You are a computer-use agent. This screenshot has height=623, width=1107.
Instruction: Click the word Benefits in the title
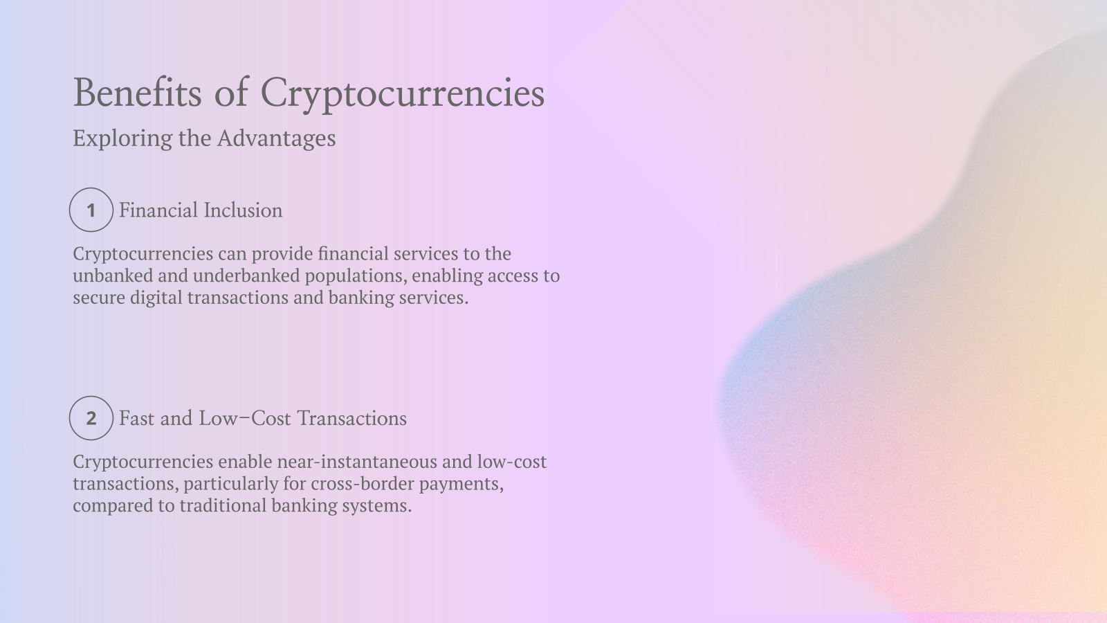[137, 93]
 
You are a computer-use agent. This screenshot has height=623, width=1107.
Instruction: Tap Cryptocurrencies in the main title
[402, 94]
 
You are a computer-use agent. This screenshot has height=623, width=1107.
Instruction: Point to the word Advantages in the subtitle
[276, 138]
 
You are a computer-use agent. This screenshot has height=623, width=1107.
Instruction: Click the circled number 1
[91, 210]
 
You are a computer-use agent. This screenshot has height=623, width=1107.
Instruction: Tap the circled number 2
[91, 418]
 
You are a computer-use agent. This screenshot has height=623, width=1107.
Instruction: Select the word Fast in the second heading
[136, 418]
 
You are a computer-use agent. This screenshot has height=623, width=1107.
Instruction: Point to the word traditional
[223, 505]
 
